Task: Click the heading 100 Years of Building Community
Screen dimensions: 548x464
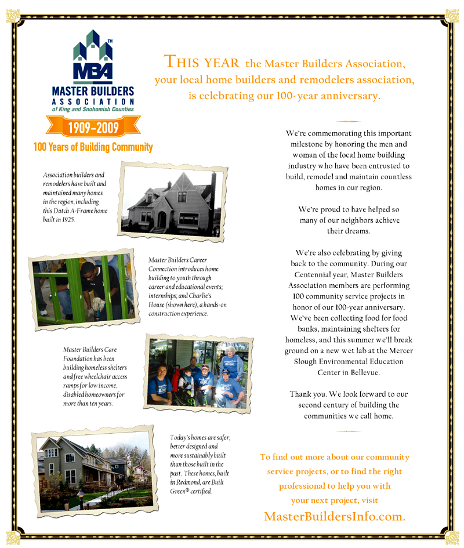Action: click(93, 147)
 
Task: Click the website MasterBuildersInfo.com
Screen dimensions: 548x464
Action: click(334, 516)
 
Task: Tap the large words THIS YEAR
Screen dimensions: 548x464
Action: click(202, 61)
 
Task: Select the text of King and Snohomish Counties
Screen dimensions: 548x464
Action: click(93, 109)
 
